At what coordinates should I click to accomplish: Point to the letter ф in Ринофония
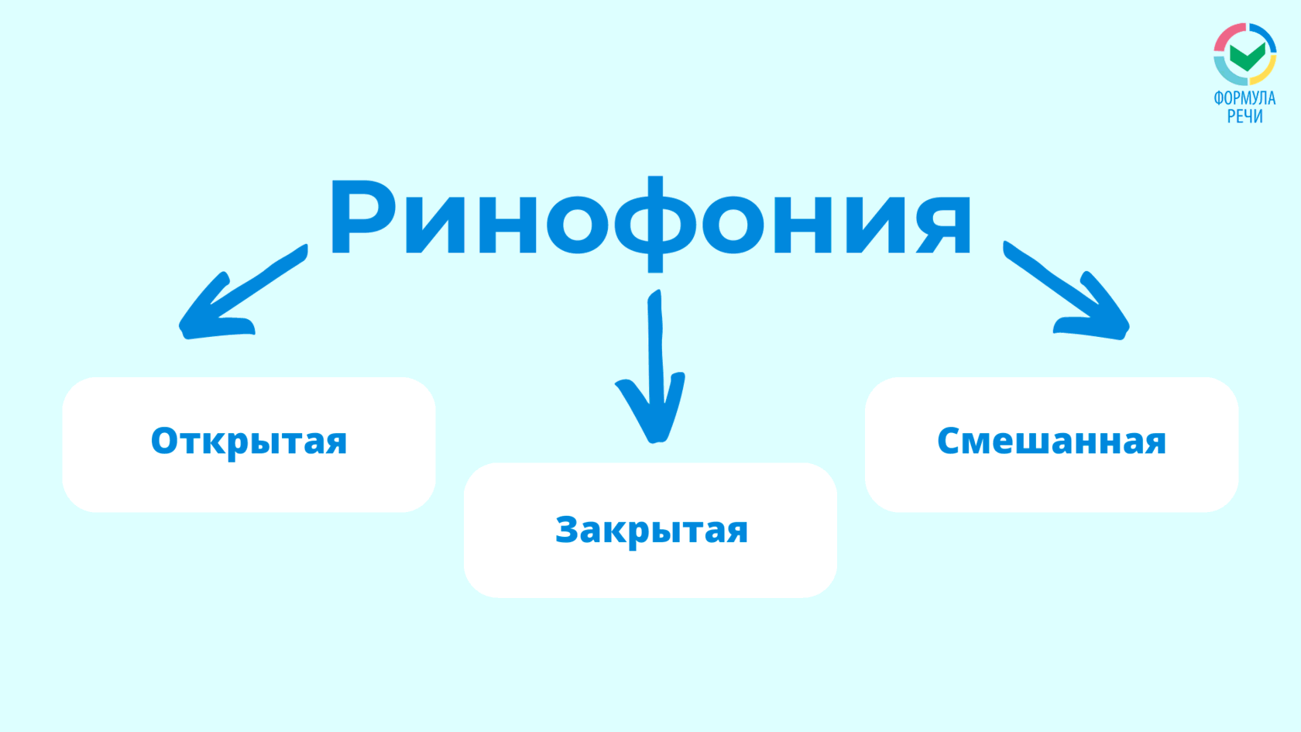coord(655,224)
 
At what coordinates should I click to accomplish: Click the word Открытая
coord(249,441)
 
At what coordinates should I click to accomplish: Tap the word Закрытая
coord(652,531)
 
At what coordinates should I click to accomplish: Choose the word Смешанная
coord(1052,441)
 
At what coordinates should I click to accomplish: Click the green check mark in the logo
coord(1248,57)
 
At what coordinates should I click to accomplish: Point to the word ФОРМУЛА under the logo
coord(1244,98)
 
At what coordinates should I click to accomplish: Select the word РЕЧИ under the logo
coord(1244,116)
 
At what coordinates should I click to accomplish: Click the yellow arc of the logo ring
coord(1266,73)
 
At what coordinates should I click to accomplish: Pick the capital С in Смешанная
coord(950,441)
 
